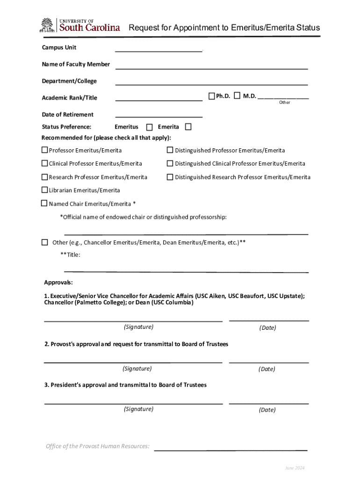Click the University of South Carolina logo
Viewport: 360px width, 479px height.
(80, 25)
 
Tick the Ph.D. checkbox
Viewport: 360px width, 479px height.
(211, 96)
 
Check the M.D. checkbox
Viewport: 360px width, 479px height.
(237, 96)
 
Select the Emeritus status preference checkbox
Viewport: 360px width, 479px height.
(149, 127)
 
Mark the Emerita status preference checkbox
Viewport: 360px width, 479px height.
(188, 127)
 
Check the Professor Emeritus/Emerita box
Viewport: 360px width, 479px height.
(44, 150)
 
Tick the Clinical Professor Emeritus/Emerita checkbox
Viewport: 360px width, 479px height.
(44, 163)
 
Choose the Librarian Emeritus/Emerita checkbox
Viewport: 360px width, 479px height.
(44, 190)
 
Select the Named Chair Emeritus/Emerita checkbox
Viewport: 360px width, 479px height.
(44, 203)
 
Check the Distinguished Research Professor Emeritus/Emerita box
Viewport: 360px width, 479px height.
(170, 177)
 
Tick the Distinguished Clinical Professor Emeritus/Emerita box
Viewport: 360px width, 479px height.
(170, 163)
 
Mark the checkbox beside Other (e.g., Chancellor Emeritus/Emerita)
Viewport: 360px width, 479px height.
(44, 242)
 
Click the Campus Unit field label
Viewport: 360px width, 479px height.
(59, 47)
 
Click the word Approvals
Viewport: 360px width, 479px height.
(58, 283)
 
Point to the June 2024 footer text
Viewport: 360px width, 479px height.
(295, 468)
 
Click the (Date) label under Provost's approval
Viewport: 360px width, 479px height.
(267, 369)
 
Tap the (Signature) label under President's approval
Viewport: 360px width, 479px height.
(138, 409)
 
